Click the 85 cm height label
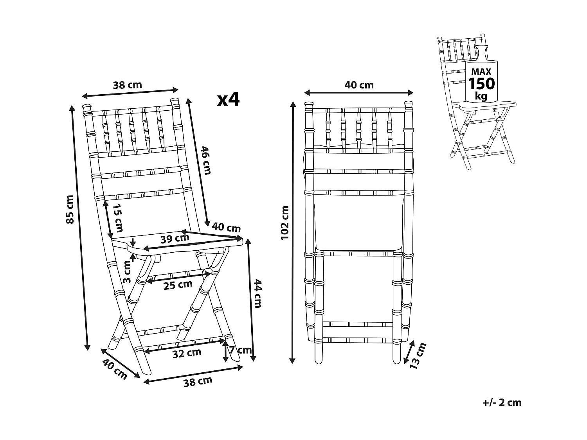[x=70, y=209]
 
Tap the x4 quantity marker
[x=229, y=100]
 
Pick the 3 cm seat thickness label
[x=127, y=272]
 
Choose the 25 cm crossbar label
[x=178, y=285]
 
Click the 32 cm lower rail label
[x=187, y=353]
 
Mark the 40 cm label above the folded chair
[x=359, y=85]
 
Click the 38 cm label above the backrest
[x=127, y=85]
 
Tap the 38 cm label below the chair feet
[x=198, y=381]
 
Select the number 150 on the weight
[x=481, y=83]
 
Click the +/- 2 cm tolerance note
[x=502, y=402]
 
